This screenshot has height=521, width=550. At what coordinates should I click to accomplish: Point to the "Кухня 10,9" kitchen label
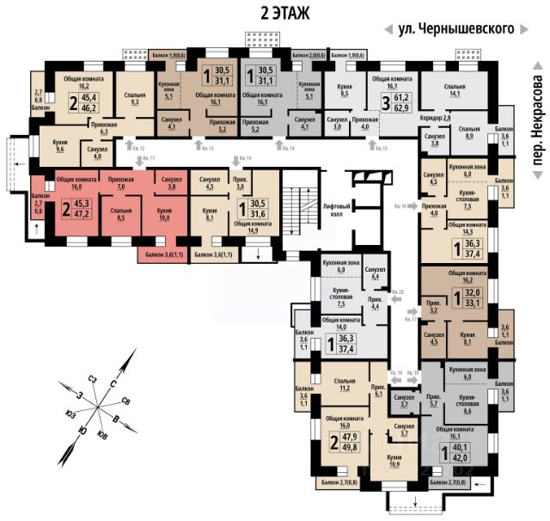(x=395, y=461)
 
